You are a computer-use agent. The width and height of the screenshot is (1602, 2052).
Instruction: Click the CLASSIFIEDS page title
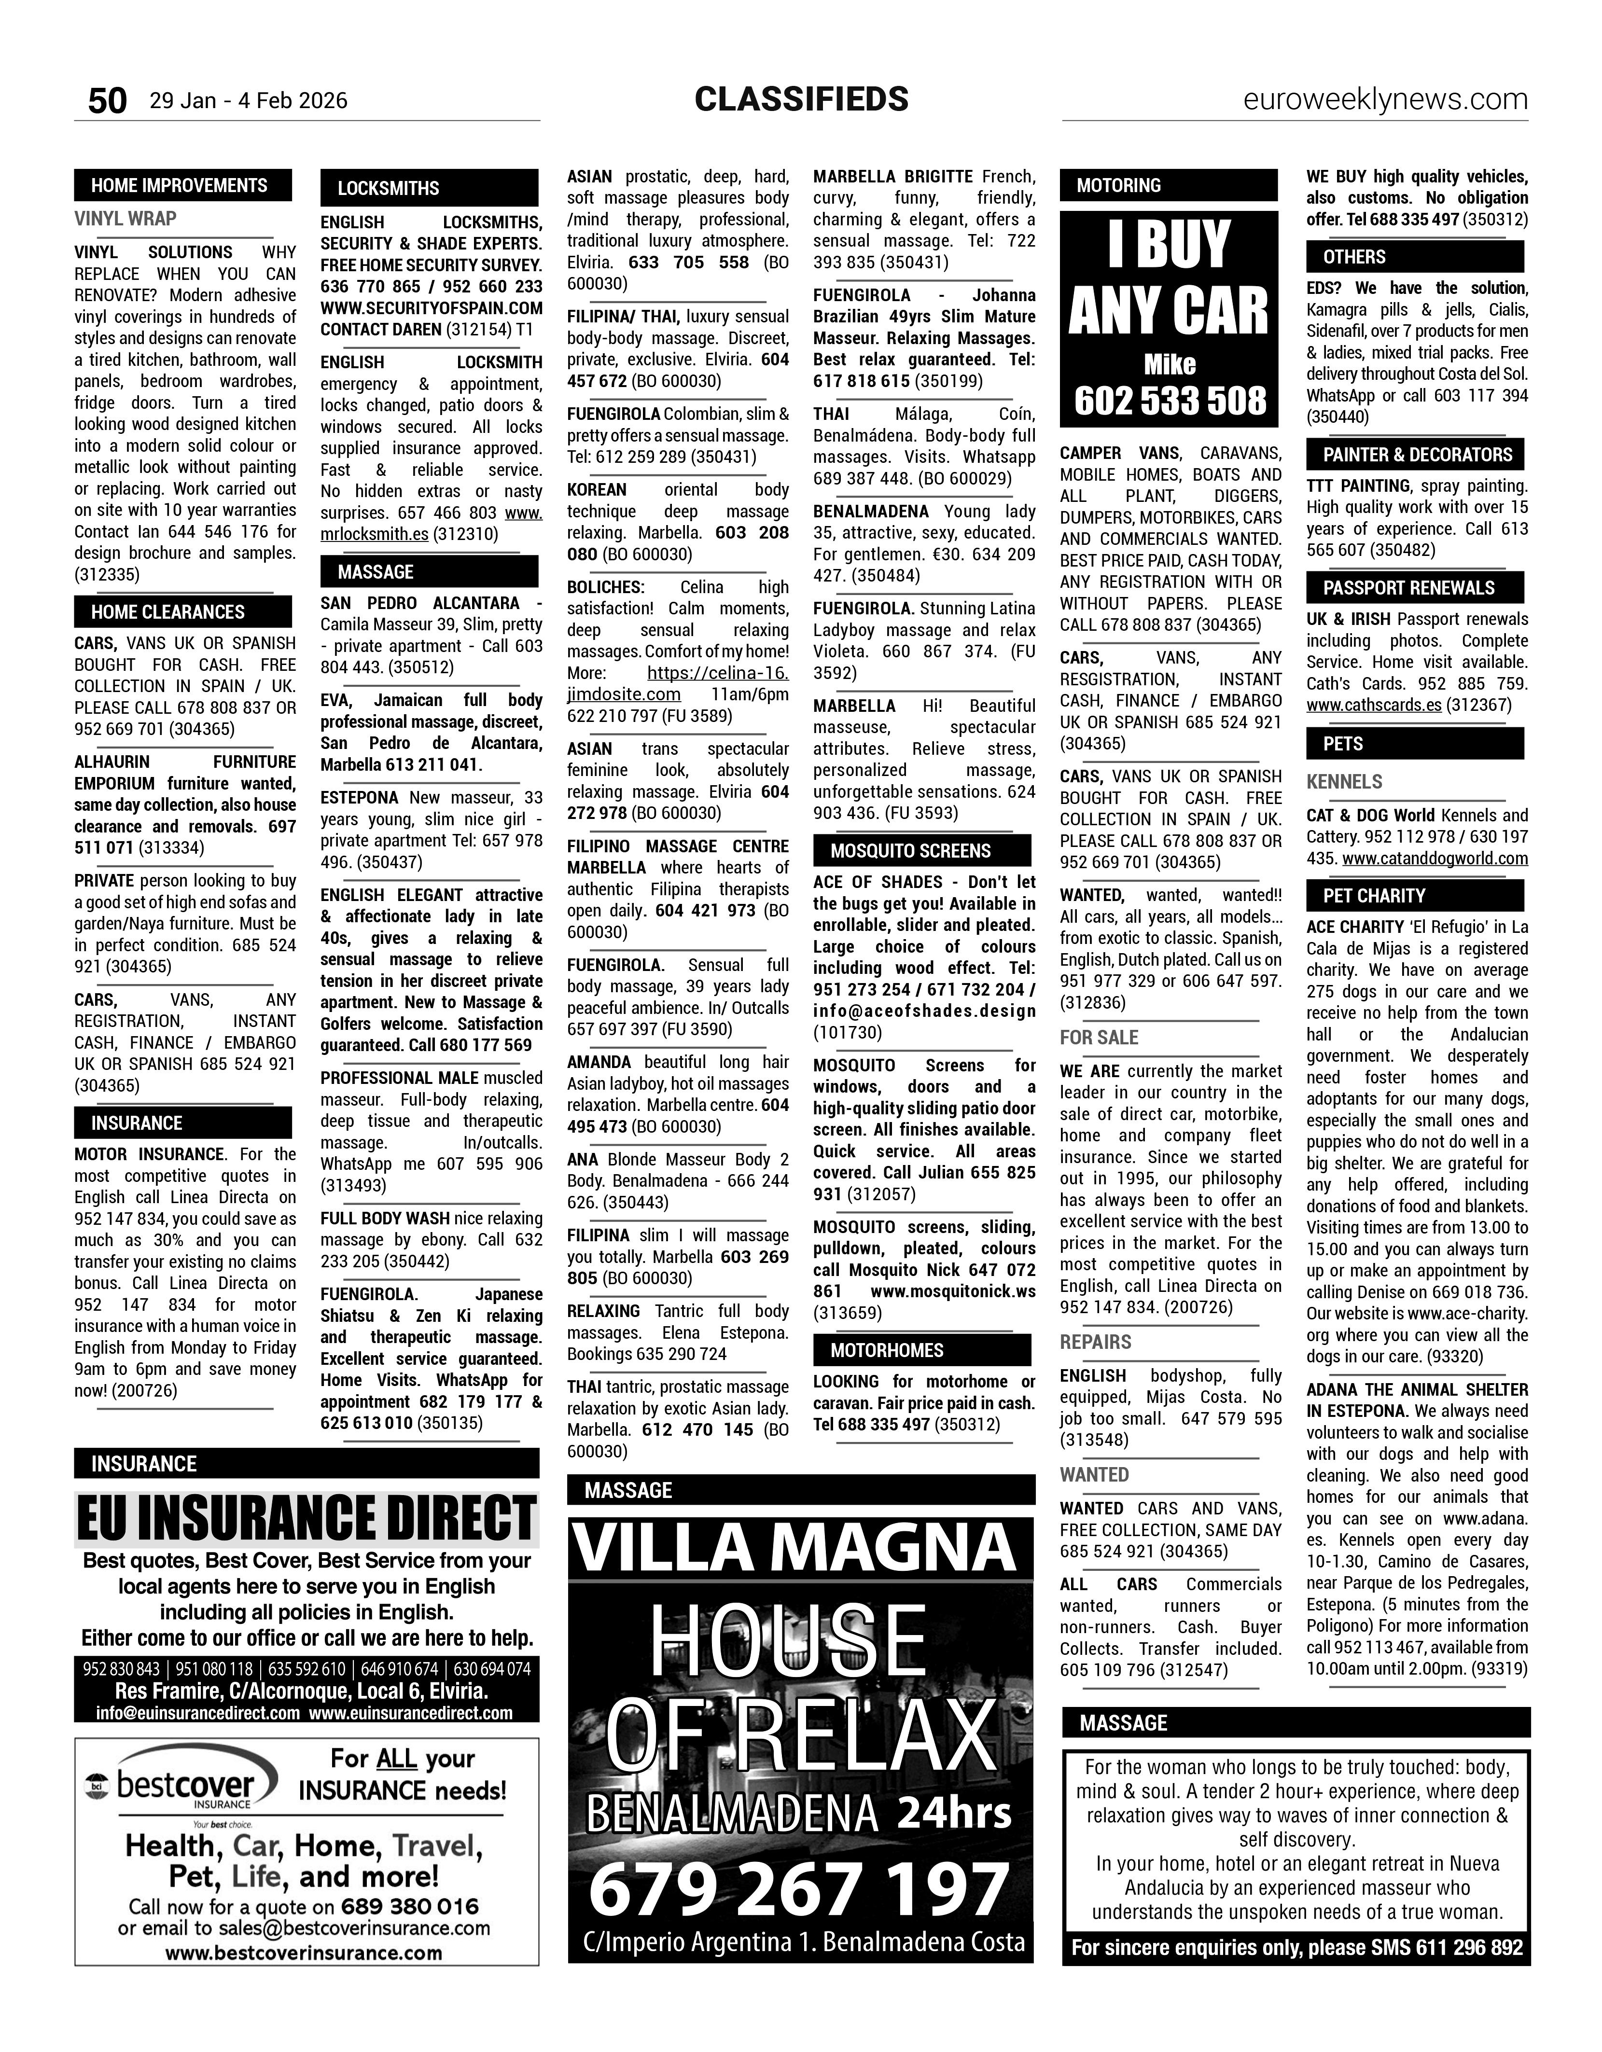pyautogui.click(x=801, y=98)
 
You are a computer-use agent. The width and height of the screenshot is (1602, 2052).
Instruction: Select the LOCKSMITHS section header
pyautogui.click(x=389, y=188)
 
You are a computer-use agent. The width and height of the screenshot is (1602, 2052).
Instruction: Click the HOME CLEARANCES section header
pyautogui.click(x=168, y=611)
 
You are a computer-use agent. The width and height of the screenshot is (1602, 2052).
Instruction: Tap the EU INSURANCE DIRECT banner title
pyautogui.click(x=306, y=1519)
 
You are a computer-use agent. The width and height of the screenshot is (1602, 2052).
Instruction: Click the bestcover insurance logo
pyautogui.click(x=184, y=1786)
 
